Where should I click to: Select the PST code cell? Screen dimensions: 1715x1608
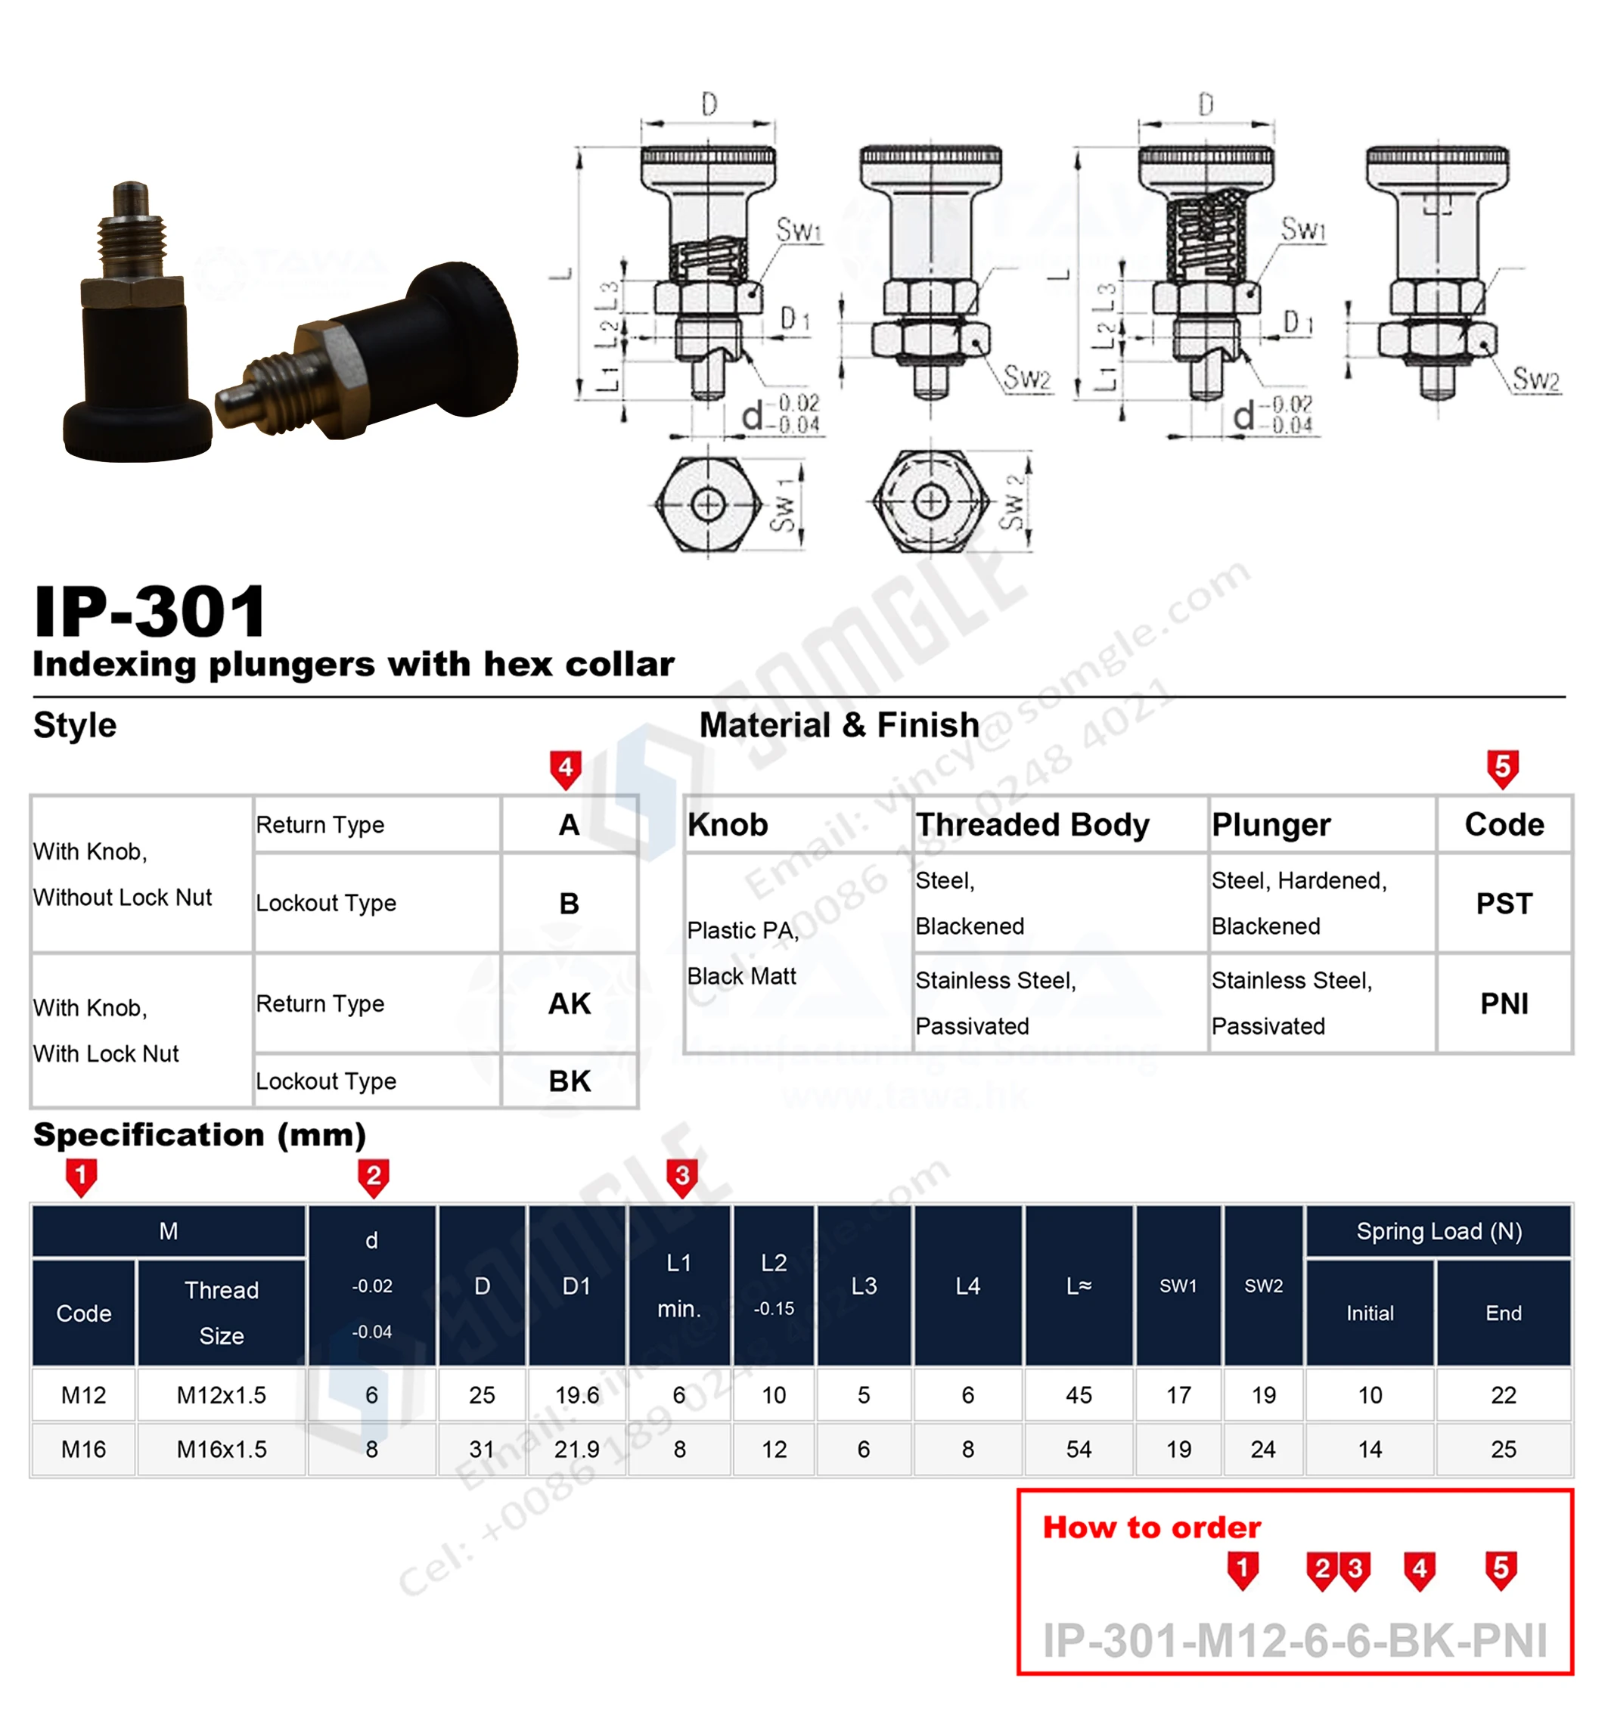point(1504,903)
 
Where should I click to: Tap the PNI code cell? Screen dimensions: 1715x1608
point(1504,1003)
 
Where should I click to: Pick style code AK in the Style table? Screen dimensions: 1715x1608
point(570,1003)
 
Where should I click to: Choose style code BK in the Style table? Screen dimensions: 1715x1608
point(570,1081)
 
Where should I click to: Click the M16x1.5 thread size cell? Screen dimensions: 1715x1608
point(221,1450)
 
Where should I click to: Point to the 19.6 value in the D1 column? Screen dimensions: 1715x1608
point(576,1395)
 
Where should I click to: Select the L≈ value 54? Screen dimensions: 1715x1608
point(1079,1450)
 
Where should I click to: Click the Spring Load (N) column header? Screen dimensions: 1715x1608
point(1438,1231)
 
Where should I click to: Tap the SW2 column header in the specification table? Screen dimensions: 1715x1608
point(1263,1285)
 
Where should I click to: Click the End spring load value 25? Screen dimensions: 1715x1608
point(1503,1450)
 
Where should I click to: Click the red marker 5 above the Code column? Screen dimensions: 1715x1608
point(1503,767)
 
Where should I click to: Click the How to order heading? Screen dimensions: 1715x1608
point(1151,1527)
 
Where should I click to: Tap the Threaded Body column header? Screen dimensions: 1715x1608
point(1032,825)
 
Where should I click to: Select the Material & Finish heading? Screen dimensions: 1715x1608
point(839,724)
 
